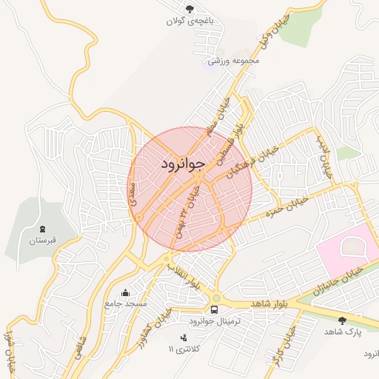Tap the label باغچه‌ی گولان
(189, 21)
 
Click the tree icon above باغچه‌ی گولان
(189, 9)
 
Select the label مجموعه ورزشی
(235, 61)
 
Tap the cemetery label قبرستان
(42, 241)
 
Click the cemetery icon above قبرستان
(42, 228)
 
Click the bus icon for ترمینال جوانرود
(215, 309)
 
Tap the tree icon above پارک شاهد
(342, 320)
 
